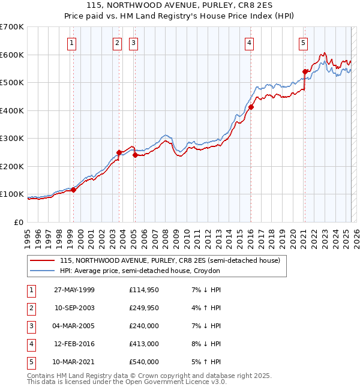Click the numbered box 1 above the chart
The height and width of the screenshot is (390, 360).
[x=71, y=43]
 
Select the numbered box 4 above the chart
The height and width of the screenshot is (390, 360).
[x=248, y=43]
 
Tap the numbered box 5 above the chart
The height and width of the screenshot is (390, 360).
[x=304, y=43]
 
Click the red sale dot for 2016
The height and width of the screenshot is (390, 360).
[x=251, y=107]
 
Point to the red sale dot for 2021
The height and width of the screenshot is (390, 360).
[x=305, y=72]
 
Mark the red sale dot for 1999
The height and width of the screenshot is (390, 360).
[x=74, y=190]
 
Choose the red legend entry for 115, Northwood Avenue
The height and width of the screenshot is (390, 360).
[x=170, y=261]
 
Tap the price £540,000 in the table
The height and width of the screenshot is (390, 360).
[x=144, y=362]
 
